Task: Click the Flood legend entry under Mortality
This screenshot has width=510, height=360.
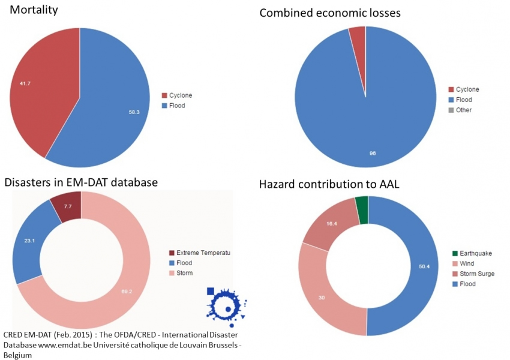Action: click(x=177, y=106)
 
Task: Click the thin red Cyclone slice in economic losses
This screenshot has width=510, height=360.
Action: click(x=358, y=42)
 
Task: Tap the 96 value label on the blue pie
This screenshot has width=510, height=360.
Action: click(x=373, y=154)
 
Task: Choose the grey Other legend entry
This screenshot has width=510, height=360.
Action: click(x=463, y=110)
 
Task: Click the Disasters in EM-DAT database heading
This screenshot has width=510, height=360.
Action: click(x=80, y=182)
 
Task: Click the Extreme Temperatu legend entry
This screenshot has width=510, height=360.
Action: click(x=200, y=253)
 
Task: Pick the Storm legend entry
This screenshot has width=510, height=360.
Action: click(x=186, y=273)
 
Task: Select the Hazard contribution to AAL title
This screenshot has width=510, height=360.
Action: click(x=329, y=184)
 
